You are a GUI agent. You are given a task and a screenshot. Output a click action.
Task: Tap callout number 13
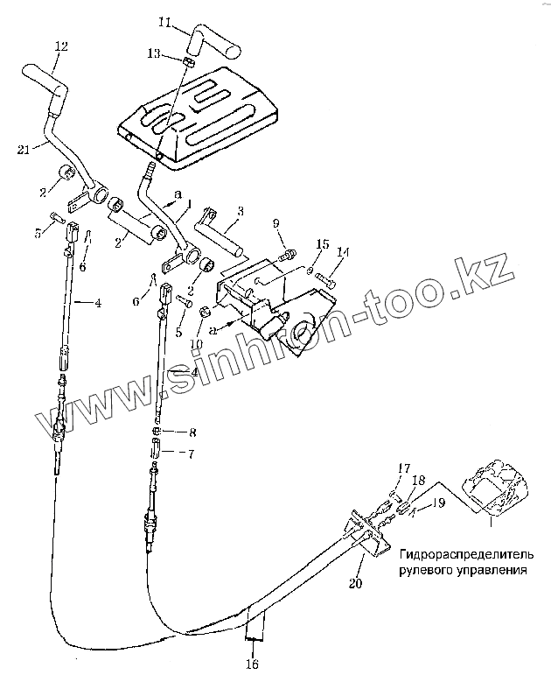click(154, 53)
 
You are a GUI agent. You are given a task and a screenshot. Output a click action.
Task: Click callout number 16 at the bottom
click(253, 664)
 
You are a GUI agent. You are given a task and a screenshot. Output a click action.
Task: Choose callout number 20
click(354, 582)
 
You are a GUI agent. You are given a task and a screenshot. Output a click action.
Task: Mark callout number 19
click(438, 503)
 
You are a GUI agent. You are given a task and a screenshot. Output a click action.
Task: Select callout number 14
click(343, 254)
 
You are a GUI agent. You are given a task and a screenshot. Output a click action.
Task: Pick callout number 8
click(192, 432)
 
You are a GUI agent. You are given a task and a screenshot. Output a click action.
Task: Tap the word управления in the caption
click(496, 569)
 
